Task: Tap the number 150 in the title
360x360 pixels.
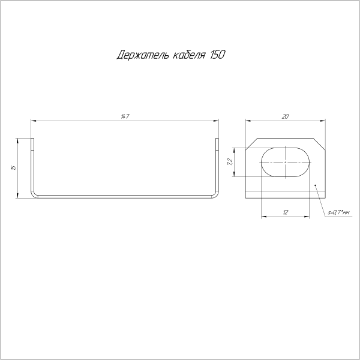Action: (x=218, y=56)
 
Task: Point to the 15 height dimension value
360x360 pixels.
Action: (x=13, y=167)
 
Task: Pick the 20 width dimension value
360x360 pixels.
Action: (x=285, y=117)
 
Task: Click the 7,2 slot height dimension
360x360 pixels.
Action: (x=230, y=161)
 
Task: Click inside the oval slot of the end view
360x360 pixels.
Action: (x=286, y=161)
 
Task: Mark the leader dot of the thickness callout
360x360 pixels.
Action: (x=316, y=185)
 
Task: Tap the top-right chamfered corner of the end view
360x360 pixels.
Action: (x=320, y=143)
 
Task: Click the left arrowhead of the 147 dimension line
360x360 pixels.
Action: (x=33, y=121)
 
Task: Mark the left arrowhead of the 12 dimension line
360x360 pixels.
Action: (x=265, y=217)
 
